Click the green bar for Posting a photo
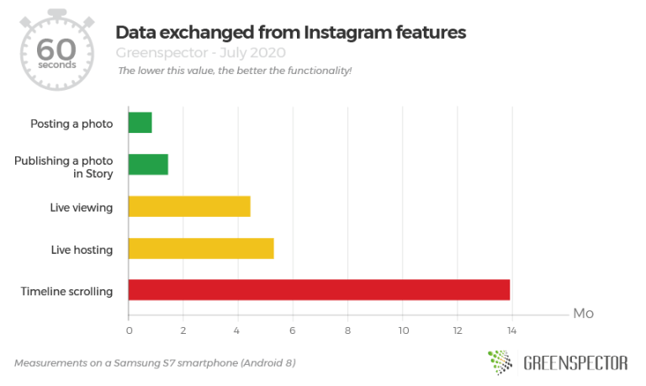pyautogui.click(x=140, y=123)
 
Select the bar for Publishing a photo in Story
pyautogui.click(x=148, y=165)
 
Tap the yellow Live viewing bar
pyautogui.click(x=189, y=207)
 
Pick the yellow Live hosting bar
pyautogui.click(x=201, y=249)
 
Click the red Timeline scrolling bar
pyautogui.click(x=319, y=291)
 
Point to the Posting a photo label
pyautogui.click(x=71, y=124)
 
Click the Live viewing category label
pyautogui.click(x=82, y=207)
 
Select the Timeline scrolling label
pyautogui.click(x=66, y=292)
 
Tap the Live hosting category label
pyautogui.click(x=82, y=249)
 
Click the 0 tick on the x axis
pyautogui.click(x=129, y=329)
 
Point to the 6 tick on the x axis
pyautogui.click(x=294, y=329)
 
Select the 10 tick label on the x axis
pyautogui.click(x=403, y=329)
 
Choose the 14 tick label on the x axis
pyautogui.click(x=511, y=329)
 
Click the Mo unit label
pyautogui.click(x=583, y=314)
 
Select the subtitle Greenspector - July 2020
pyautogui.click(x=200, y=52)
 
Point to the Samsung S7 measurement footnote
pyautogui.click(x=155, y=363)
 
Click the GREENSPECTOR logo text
pyautogui.click(x=575, y=363)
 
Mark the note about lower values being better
pyautogui.click(x=235, y=70)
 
